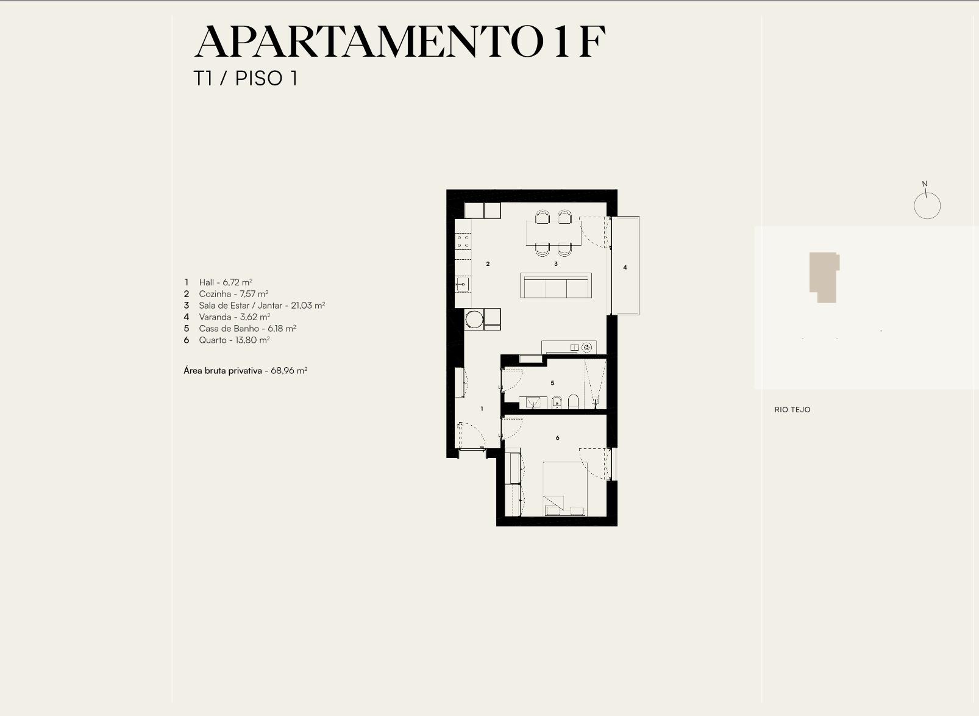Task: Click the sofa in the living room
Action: (556, 285)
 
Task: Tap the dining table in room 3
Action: (554, 233)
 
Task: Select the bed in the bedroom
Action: (565, 489)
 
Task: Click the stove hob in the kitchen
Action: (463, 241)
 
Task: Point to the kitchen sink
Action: (463, 284)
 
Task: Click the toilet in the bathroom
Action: (573, 401)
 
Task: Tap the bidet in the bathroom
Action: (557, 402)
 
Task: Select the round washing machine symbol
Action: (474, 320)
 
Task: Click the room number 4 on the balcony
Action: (625, 267)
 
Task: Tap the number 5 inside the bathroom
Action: (552, 383)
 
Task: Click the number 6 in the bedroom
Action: (557, 437)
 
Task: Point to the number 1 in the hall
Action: (482, 409)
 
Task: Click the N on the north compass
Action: (924, 184)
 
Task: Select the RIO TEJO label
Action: (792, 410)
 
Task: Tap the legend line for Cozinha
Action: (226, 294)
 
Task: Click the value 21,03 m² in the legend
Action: (308, 306)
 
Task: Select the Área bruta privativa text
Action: (222, 371)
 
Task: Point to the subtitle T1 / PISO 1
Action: (246, 79)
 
